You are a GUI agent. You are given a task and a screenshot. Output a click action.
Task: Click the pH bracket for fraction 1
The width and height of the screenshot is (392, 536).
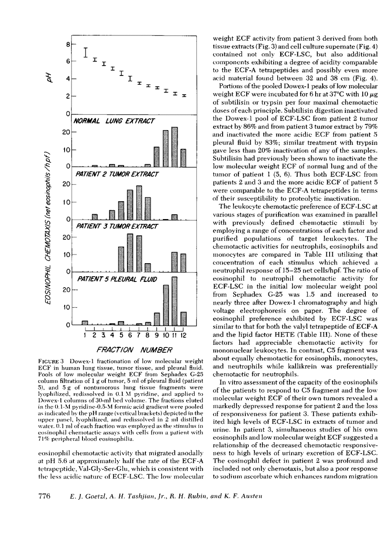click(x=86, y=52)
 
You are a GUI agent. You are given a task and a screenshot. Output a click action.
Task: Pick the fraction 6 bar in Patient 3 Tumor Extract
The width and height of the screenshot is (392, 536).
click(x=130, y=253)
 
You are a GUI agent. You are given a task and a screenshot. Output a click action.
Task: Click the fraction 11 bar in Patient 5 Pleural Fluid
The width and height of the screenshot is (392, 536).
click(x=175, y=301)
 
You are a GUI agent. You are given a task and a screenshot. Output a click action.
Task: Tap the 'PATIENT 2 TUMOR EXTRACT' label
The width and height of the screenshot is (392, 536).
click(x=117, y=174)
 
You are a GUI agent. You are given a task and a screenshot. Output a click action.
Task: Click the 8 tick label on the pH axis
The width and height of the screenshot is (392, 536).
click(x=68, y=45)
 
